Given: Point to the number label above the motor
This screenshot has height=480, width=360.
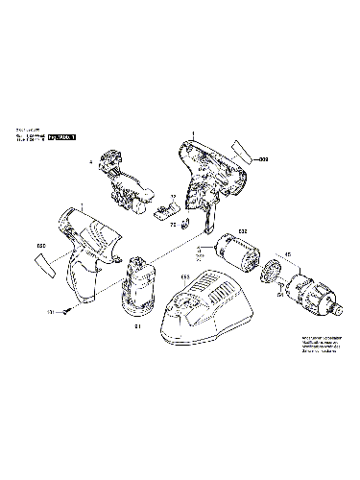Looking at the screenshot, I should [x=242, y=230].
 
